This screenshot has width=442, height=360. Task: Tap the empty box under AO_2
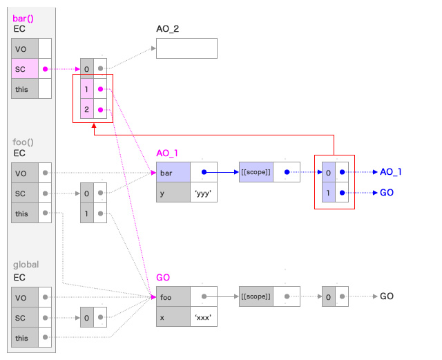pyautogui.click(x=186, y=48)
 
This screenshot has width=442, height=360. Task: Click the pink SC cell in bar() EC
pyautogui.click(x=25, y=68)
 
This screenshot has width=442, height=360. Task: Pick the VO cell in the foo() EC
pyautogui.click(x=25, y=173)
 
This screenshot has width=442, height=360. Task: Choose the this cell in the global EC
pyautogui.click(x=25, y=338)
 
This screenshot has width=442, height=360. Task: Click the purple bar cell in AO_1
pyautogui.click(x=173, y=172)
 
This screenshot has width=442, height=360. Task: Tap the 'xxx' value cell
pyautogui.click(x=204, y=317)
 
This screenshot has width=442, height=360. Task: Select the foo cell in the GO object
pyautogui.click(x=173, y=297)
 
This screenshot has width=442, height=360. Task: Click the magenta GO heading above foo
pyautogui.click(x=163, y=277)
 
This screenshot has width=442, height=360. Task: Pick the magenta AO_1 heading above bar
pyautogui.click(x=167, y=152)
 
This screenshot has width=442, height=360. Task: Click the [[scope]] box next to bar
pyautogui.click(x=255, y=172)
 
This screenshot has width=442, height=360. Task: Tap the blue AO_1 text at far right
pyautogui.click(x=391, y=172)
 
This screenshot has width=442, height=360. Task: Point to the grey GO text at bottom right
pyautogui.click(x=387, y=296)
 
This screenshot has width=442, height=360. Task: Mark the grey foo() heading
pyautogui.click(x=25, y=142)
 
